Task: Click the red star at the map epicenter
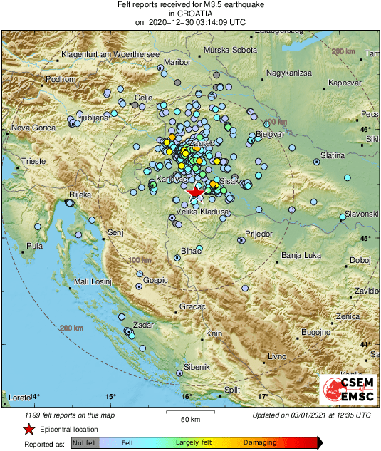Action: (195, 192)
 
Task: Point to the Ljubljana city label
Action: (93, 115)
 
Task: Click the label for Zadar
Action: (142, 324)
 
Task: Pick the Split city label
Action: (232, 390)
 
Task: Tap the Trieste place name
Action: (33, 162)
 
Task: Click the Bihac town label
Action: (194, 251)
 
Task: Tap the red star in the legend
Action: (28, 429)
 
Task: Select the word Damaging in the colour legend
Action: (260, 443)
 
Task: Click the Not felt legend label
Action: (85, 443)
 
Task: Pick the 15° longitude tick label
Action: (110, 396)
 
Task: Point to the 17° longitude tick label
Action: (262, 396)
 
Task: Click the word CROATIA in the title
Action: (190, 13)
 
